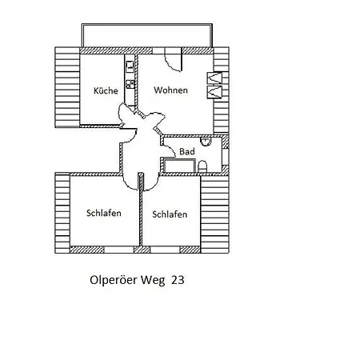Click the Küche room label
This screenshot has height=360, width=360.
click(x=106, y=90)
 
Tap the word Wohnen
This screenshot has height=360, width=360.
click(x=170, y=90)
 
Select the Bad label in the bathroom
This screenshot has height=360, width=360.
click(x=187, y=151)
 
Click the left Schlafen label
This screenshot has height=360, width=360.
click(x=104, y=213)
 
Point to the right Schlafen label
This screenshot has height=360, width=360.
click(x=170, y=214)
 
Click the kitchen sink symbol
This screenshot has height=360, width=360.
click(x=130, y=66)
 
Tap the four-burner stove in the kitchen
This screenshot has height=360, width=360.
click(x=130, y=84)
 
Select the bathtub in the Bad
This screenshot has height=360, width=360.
click(x=179, y=166)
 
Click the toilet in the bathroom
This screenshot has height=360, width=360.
click(x=202, y=166)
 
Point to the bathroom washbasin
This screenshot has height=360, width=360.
click(x=206, y=142)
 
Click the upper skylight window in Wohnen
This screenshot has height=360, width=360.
click(x=214, y=78)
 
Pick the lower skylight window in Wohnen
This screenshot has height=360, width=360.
click(x=214, y=92)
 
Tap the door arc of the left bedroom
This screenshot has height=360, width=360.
click(x=127, y=185)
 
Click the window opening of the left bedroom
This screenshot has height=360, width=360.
click(x=118, y=250)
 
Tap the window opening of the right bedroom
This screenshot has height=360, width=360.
click(x=165, y=250)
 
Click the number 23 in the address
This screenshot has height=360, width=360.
click(x=178, y=280)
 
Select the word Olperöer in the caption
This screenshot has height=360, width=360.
click(x=114, y=280)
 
